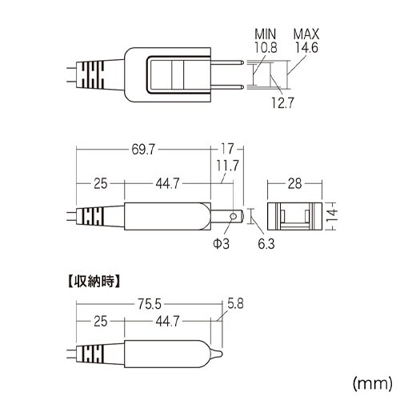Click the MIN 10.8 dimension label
(x=266, y=41)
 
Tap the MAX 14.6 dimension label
(x=306, y=41)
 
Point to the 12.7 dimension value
(x=282, y=102)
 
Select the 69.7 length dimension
(x=143, y=150)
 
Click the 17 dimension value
(x=227, y=149)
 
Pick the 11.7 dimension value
(x=227, y=166)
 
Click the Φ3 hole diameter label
(x=221, y=243)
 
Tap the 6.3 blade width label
(x=266, y=244)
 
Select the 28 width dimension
(x=294, y=184)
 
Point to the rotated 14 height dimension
(x=332, y=215)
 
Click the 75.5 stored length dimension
(x=150, y=304)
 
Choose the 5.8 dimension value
(x=235, y=304)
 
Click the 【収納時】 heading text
(x=93, y=281)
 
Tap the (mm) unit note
(x=373, y=384)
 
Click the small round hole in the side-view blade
(x=234, y=216)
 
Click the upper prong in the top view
(x=227, y=62)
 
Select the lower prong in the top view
(x=227, y=87)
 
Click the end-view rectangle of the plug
(x=294, y=216)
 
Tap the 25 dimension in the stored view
(x=101, y=322)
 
